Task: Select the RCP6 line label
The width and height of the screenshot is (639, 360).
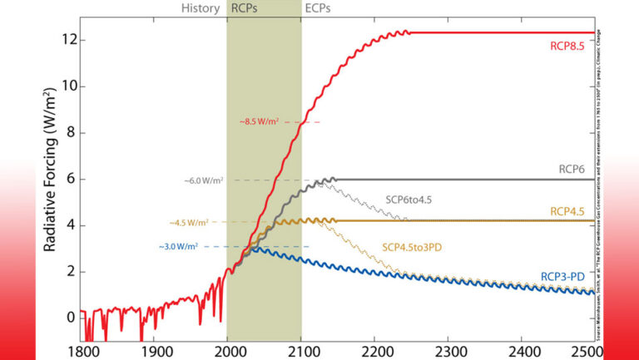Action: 573,167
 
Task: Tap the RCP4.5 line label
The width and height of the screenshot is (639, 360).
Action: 570,211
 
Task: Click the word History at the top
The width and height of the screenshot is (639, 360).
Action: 201,9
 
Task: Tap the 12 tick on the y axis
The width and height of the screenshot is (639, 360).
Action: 70,40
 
